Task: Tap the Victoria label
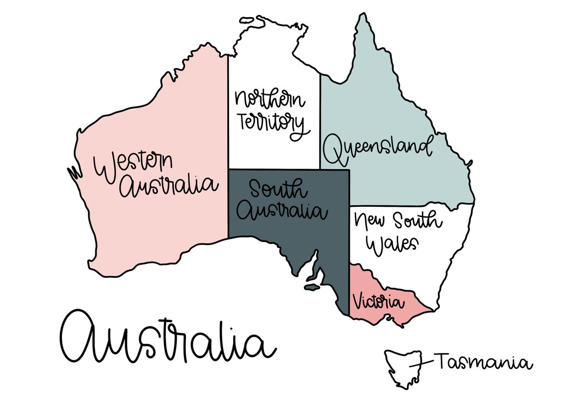378,301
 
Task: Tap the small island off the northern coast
253,20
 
